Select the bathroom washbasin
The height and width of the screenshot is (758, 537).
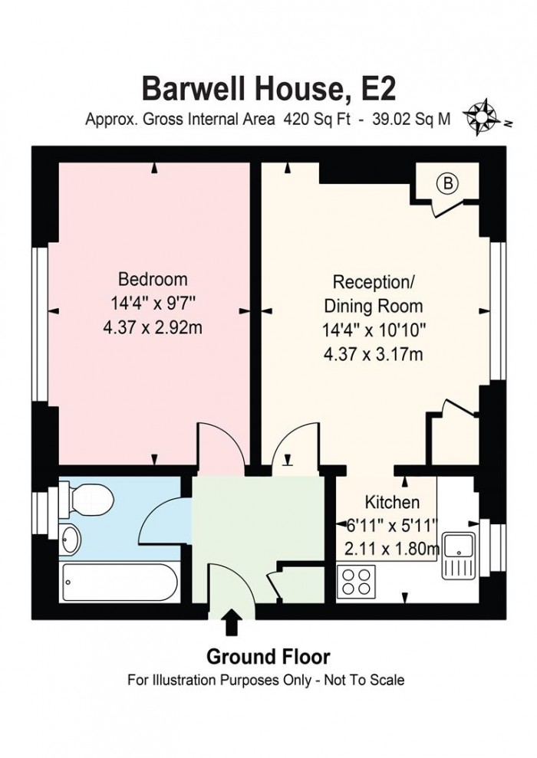coord(70,538)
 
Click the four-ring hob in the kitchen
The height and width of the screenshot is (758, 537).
coord(357,579)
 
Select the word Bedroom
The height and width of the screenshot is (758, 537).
coord(152,278)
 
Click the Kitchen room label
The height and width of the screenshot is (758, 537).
coord(391,503)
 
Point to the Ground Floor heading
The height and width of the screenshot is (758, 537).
coord(267,657)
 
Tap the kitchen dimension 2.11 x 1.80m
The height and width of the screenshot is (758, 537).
coord(391,549)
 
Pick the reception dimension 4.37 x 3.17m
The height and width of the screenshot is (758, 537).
coord(374,354)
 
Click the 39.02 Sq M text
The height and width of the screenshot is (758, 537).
coord(411,119)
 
